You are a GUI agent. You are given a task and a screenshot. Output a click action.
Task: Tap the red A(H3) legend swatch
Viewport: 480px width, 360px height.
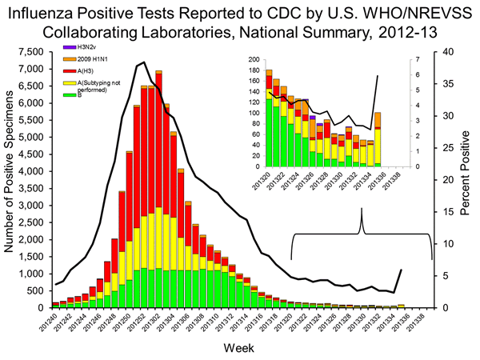point(70,72)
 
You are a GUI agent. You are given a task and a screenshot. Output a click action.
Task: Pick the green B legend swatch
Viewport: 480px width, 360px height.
point(70,95)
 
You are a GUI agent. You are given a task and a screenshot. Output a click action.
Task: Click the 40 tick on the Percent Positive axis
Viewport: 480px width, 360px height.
point(444,51)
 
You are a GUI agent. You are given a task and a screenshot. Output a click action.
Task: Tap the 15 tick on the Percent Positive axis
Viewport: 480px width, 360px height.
point(444,211)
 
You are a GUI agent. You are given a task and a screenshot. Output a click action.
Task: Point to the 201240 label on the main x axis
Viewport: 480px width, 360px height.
point(54,322)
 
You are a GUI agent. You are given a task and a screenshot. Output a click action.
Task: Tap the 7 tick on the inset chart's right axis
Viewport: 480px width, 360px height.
point(407,60)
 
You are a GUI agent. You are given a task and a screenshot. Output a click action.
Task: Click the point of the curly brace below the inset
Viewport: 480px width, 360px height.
point(362,210)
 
